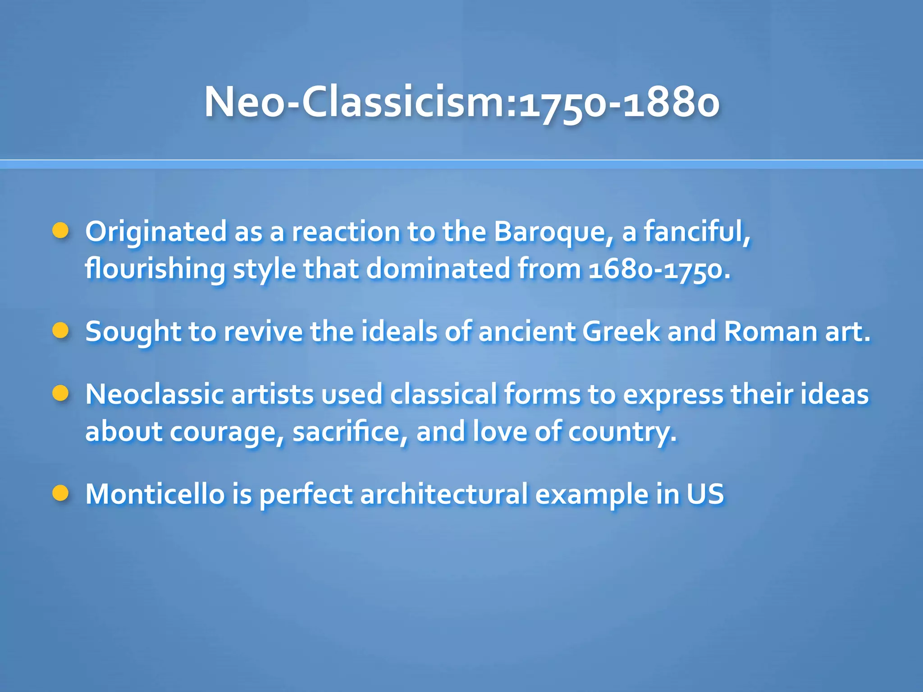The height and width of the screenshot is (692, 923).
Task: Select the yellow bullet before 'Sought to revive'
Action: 60,331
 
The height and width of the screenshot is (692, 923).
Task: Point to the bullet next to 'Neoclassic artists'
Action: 60,393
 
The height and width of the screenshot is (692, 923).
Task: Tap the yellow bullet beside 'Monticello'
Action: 60,493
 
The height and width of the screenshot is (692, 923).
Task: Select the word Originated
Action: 156,232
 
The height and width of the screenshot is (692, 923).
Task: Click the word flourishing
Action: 155,269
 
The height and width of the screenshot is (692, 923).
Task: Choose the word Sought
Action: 133,332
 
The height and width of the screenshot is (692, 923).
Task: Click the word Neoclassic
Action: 154,394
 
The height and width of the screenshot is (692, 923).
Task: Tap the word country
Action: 622,432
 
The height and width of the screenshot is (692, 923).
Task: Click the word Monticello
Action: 155,494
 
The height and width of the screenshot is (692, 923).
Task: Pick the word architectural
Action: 444,494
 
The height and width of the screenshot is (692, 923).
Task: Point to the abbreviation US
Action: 705,494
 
